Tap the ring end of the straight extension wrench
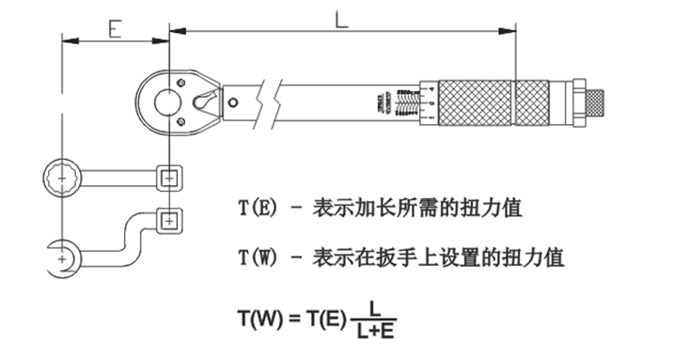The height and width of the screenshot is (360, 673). [63, 176]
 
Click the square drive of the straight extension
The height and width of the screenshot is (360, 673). [169, 176]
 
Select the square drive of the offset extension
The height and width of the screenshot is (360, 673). [169, 221]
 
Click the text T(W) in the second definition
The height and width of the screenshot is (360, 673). [258, 256]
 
